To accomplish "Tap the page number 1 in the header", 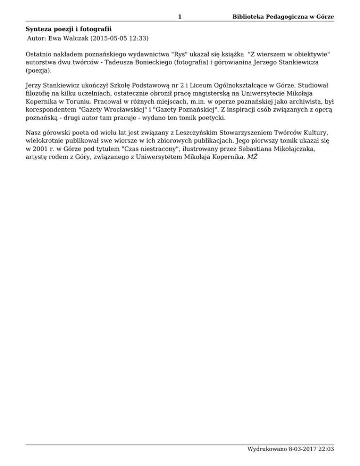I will pos(180,17).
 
